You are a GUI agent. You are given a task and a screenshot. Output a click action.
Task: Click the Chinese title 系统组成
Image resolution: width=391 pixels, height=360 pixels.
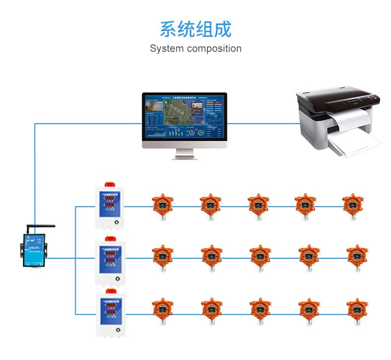pyautogui.click(x=195, y=29)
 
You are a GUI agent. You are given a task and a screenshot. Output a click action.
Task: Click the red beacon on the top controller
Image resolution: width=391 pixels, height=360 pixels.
pyautogui.click(x=110, y=184)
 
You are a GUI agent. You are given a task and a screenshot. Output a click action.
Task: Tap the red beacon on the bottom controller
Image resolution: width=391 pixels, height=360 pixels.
pyautogui.click(x=110, y=292)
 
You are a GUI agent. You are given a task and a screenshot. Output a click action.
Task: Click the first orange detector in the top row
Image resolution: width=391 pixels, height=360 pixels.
pyautogui.click(x=162, y=206)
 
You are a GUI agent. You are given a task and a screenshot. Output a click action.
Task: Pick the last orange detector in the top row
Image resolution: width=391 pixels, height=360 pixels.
pyautogui.click(x=353, y=206)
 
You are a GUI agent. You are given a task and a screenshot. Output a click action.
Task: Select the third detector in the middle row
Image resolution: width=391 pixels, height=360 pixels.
pyautogui.click(x=259, y=256)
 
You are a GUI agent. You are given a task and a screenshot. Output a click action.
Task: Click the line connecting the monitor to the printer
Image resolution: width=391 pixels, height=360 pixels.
pyautogui.click(x=263, y=124)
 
